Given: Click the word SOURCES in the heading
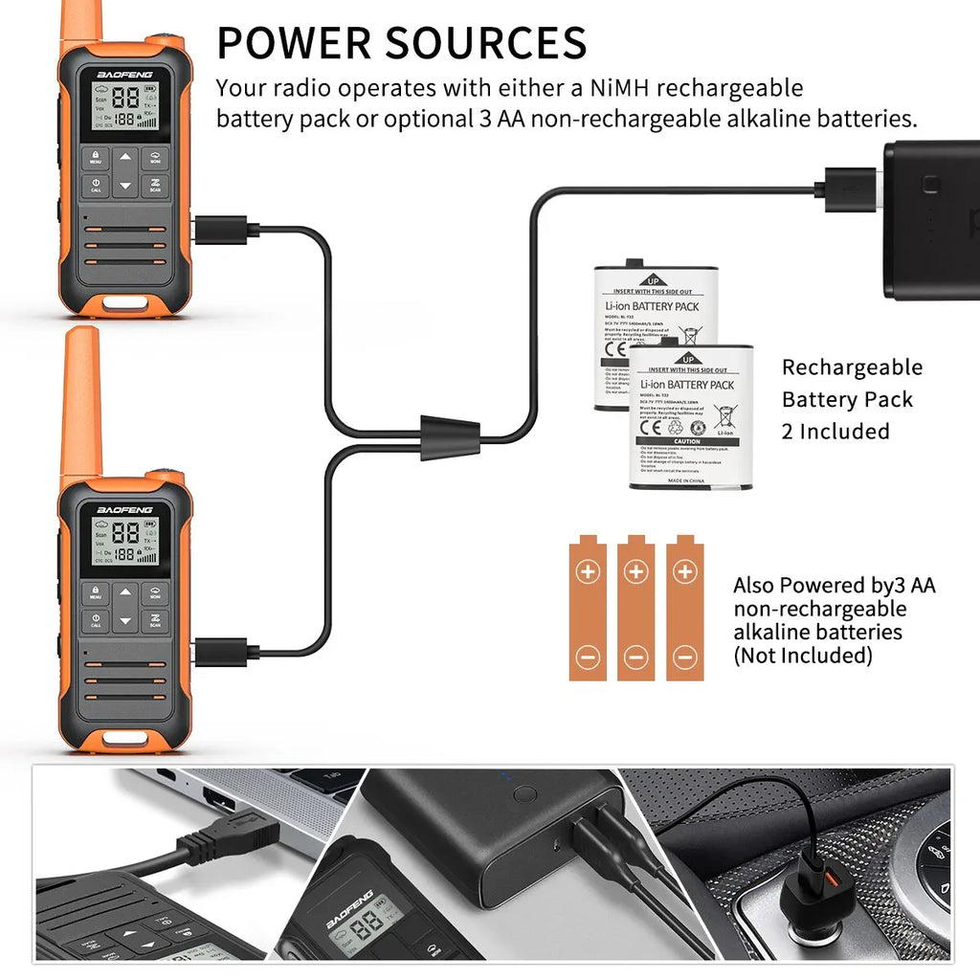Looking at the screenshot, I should tap(486, 43).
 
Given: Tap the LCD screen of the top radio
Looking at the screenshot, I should tap(124, 106).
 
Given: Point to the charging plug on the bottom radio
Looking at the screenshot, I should tap(225, 653).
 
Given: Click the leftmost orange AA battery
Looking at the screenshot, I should tap(588, 609).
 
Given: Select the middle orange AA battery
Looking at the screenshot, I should tap(635, 609).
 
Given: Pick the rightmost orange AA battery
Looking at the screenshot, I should tap(684, 609).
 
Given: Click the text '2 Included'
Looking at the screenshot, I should tap(835, 432).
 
